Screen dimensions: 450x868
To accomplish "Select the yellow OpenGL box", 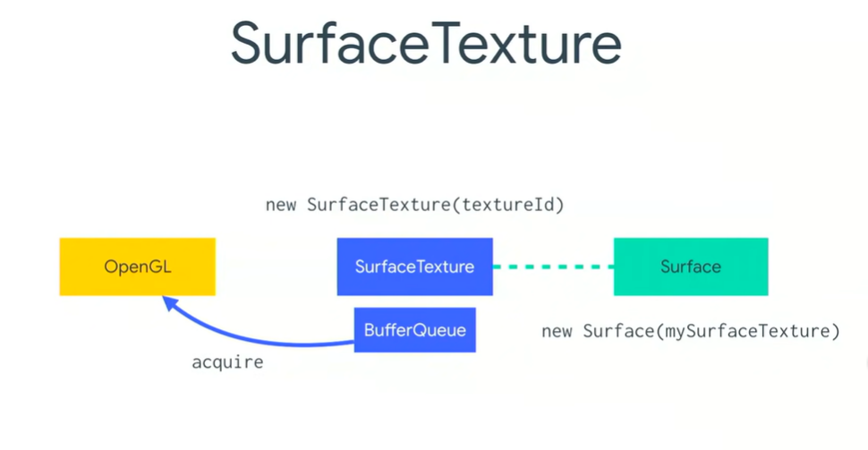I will pyautogui.click(x=137, y=267).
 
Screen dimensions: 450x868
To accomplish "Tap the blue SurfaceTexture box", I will pyautogui.click(x=414, y=267).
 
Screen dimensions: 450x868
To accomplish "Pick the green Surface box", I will pyautogui.click(x=690, y=267).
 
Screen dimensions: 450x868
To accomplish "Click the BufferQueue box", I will pyautogui.click(x=414, y=330).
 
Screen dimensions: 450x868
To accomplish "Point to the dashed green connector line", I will pyautogui.click(x=552, y=267).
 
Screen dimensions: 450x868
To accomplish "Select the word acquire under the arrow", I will pyautogui.click(x=227, y=363).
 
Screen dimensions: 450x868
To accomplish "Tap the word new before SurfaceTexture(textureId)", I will pyautogui.click(x=281, y=205).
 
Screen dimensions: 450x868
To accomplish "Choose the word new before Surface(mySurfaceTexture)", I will pyautogui.click(x=557, y=332).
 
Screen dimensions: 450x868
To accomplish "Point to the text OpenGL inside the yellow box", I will pyautogui.click(x=137, y=267).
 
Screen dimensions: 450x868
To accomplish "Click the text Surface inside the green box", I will pyautogui.click(x=690, y=267).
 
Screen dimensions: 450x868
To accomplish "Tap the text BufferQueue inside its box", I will pyautogui.click(x=414, y=330).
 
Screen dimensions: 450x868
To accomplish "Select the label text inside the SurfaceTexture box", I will pyautogui.click(x=414, y=267).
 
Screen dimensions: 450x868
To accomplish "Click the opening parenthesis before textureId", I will pyautogui.click(x=456, y=205).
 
